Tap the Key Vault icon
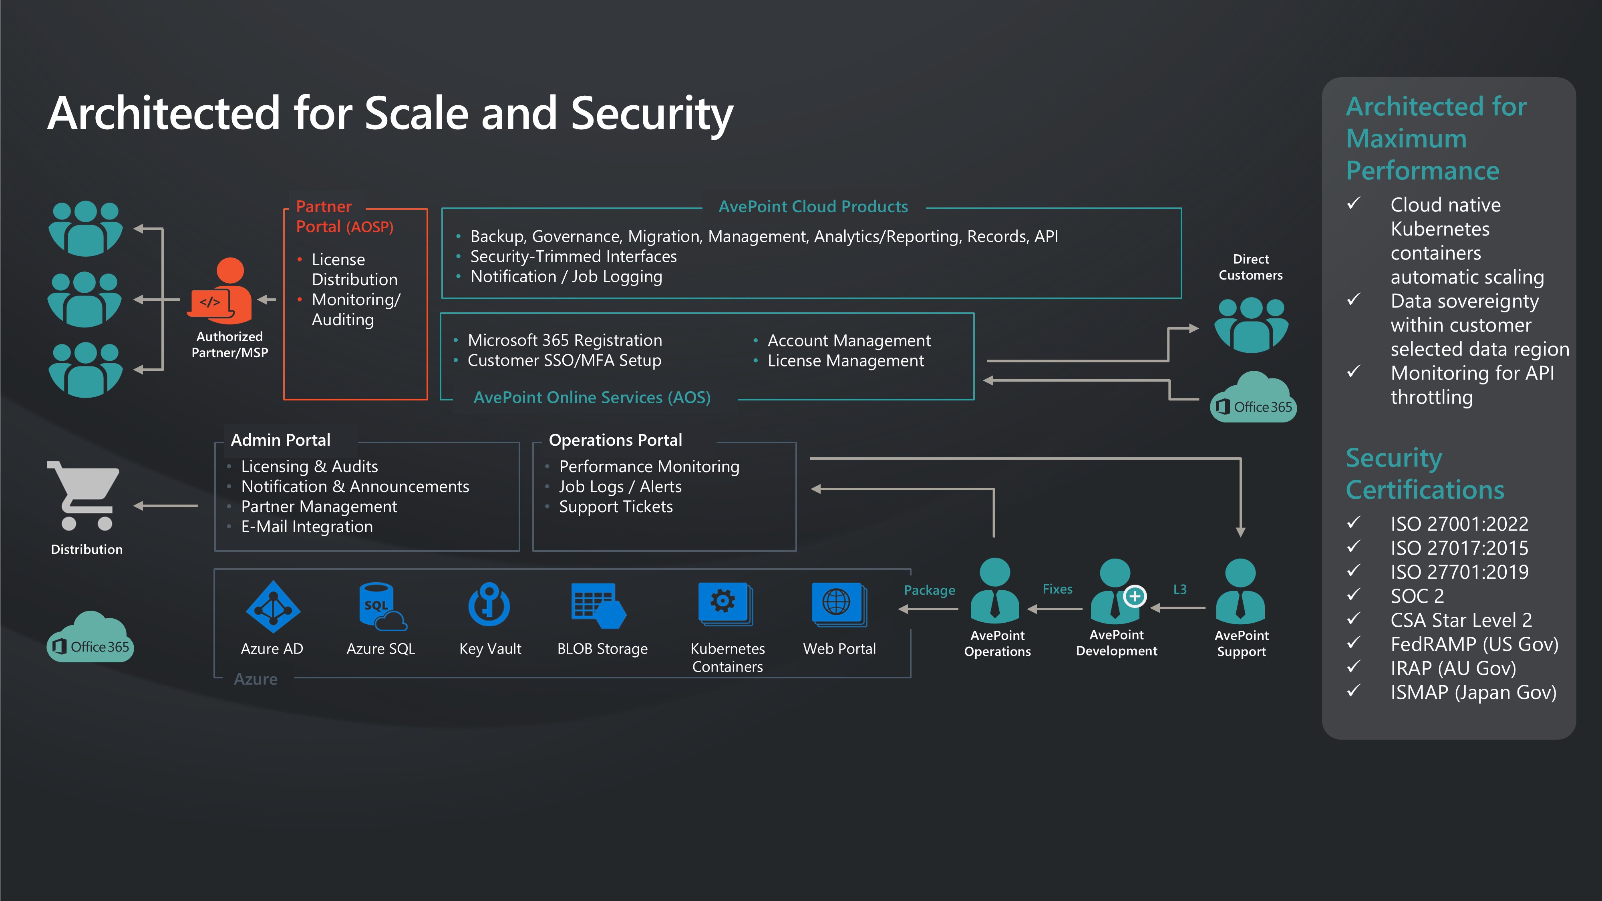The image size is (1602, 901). coord(489,604)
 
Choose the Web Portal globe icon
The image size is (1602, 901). coord(838,603)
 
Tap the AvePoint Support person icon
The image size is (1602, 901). coord(1240,591)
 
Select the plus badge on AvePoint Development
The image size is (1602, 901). coord(1135,596)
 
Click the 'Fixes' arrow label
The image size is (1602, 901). coord(1057,589)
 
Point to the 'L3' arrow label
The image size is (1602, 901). coord(1180,589)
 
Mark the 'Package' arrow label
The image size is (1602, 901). coord(929,590)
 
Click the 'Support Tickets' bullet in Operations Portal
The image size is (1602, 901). coord(616,507)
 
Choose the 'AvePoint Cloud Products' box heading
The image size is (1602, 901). coord(813,207)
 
